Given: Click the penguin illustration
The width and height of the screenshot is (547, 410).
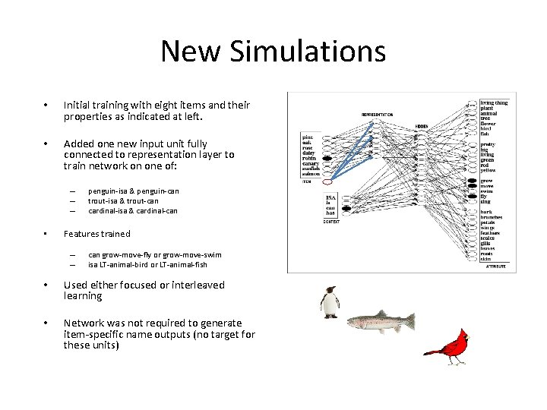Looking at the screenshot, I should point(329,302).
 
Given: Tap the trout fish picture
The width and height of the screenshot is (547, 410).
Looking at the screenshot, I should point(381,322).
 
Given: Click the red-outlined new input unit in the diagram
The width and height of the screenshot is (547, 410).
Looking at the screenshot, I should point(328,182).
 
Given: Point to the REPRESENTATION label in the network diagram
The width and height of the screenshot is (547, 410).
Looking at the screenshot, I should point(377,115).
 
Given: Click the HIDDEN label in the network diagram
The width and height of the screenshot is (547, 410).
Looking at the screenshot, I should point(422,127).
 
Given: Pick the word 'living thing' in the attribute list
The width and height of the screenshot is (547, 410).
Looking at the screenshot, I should point(494,102).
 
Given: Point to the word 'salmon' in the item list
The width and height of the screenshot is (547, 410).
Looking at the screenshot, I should point(312,175).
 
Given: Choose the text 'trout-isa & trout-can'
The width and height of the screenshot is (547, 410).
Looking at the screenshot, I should point(123,200).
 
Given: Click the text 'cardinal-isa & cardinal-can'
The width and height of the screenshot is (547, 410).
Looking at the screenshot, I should point(133,210).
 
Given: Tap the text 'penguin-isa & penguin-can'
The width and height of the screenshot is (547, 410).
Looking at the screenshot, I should point(134,191).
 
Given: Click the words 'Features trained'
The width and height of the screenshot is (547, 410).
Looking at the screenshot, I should point(96,234).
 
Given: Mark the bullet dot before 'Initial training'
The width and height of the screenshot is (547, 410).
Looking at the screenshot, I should point(46,105).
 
